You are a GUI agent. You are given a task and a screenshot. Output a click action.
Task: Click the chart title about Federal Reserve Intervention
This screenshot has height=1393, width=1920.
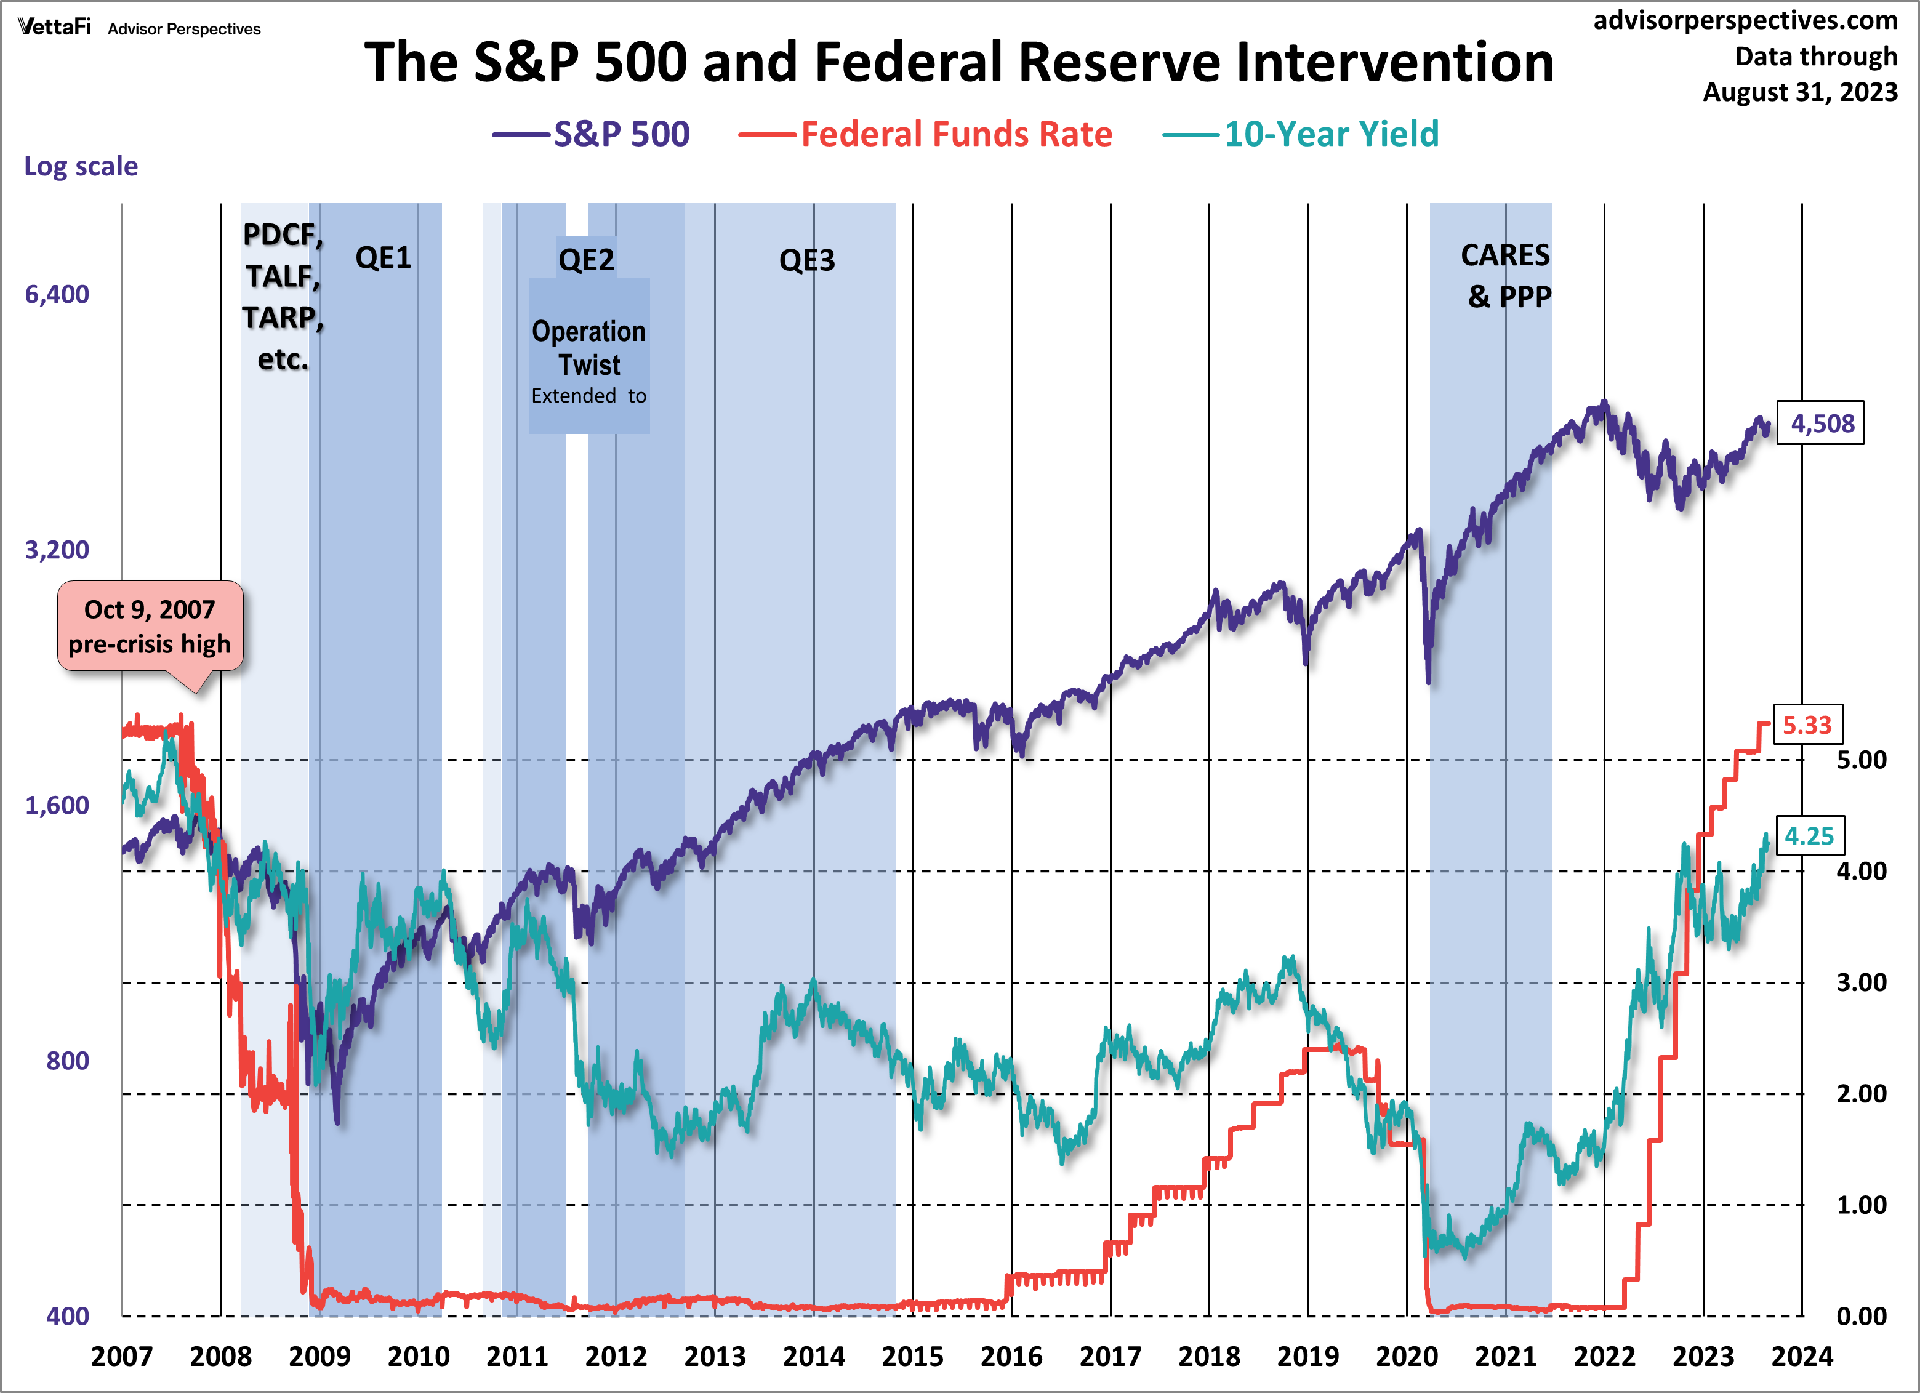click(x=958, y=63)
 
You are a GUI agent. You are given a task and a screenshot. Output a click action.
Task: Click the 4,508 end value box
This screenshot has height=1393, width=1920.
click(x=1821, y=423)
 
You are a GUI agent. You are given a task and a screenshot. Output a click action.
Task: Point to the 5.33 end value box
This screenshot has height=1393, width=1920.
click(x=1807, y=725)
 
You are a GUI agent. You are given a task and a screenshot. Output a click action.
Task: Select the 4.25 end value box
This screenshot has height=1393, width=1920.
click(x=1809, y=836)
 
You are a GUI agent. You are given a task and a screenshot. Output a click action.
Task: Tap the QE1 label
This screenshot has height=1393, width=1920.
click(x=383, y=257)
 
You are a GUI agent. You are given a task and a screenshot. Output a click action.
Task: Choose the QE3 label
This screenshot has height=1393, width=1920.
click(x=807, y=260)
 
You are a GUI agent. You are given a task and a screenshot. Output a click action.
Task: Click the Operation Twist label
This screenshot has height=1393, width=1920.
click(x=589, y=348)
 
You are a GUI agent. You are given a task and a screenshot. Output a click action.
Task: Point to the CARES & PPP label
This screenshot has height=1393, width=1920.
click(x=1506, y=276)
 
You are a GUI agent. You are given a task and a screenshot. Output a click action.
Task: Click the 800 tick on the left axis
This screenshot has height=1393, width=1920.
click(x=67, y=1061)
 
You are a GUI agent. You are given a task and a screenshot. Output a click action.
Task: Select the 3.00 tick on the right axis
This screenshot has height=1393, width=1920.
click(x=1861, y=982)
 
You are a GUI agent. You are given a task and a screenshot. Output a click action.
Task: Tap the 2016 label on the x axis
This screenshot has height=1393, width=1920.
click(x=1011, y=1357)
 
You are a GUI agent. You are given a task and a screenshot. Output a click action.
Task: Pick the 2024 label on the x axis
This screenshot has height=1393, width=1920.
click(x=1801, y=1357)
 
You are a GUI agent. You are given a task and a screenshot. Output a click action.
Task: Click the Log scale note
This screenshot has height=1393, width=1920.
click(x=81, y=166)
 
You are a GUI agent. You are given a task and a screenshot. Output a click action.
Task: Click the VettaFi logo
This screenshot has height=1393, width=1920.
click(x=54, y=27)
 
